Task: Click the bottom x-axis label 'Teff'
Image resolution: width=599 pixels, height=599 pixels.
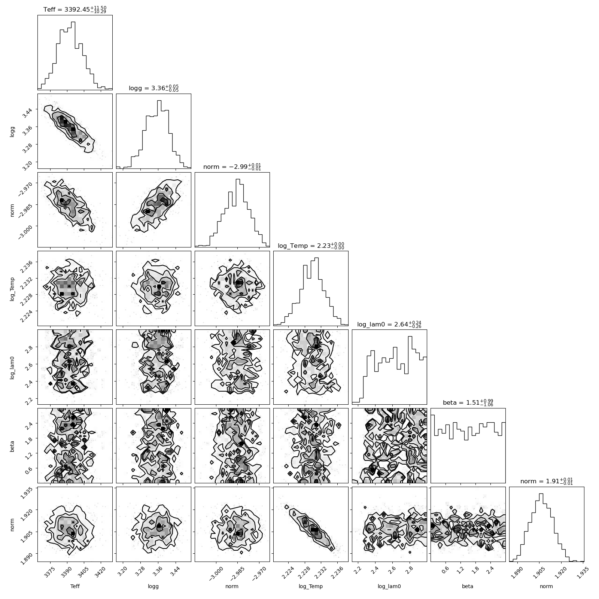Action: point(75,586)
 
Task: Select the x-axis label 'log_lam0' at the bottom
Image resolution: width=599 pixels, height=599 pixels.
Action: point(389,587)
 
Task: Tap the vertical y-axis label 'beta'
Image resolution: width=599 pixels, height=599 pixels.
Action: point(12,446)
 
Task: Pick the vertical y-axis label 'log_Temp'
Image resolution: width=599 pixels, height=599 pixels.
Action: point(12,288)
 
